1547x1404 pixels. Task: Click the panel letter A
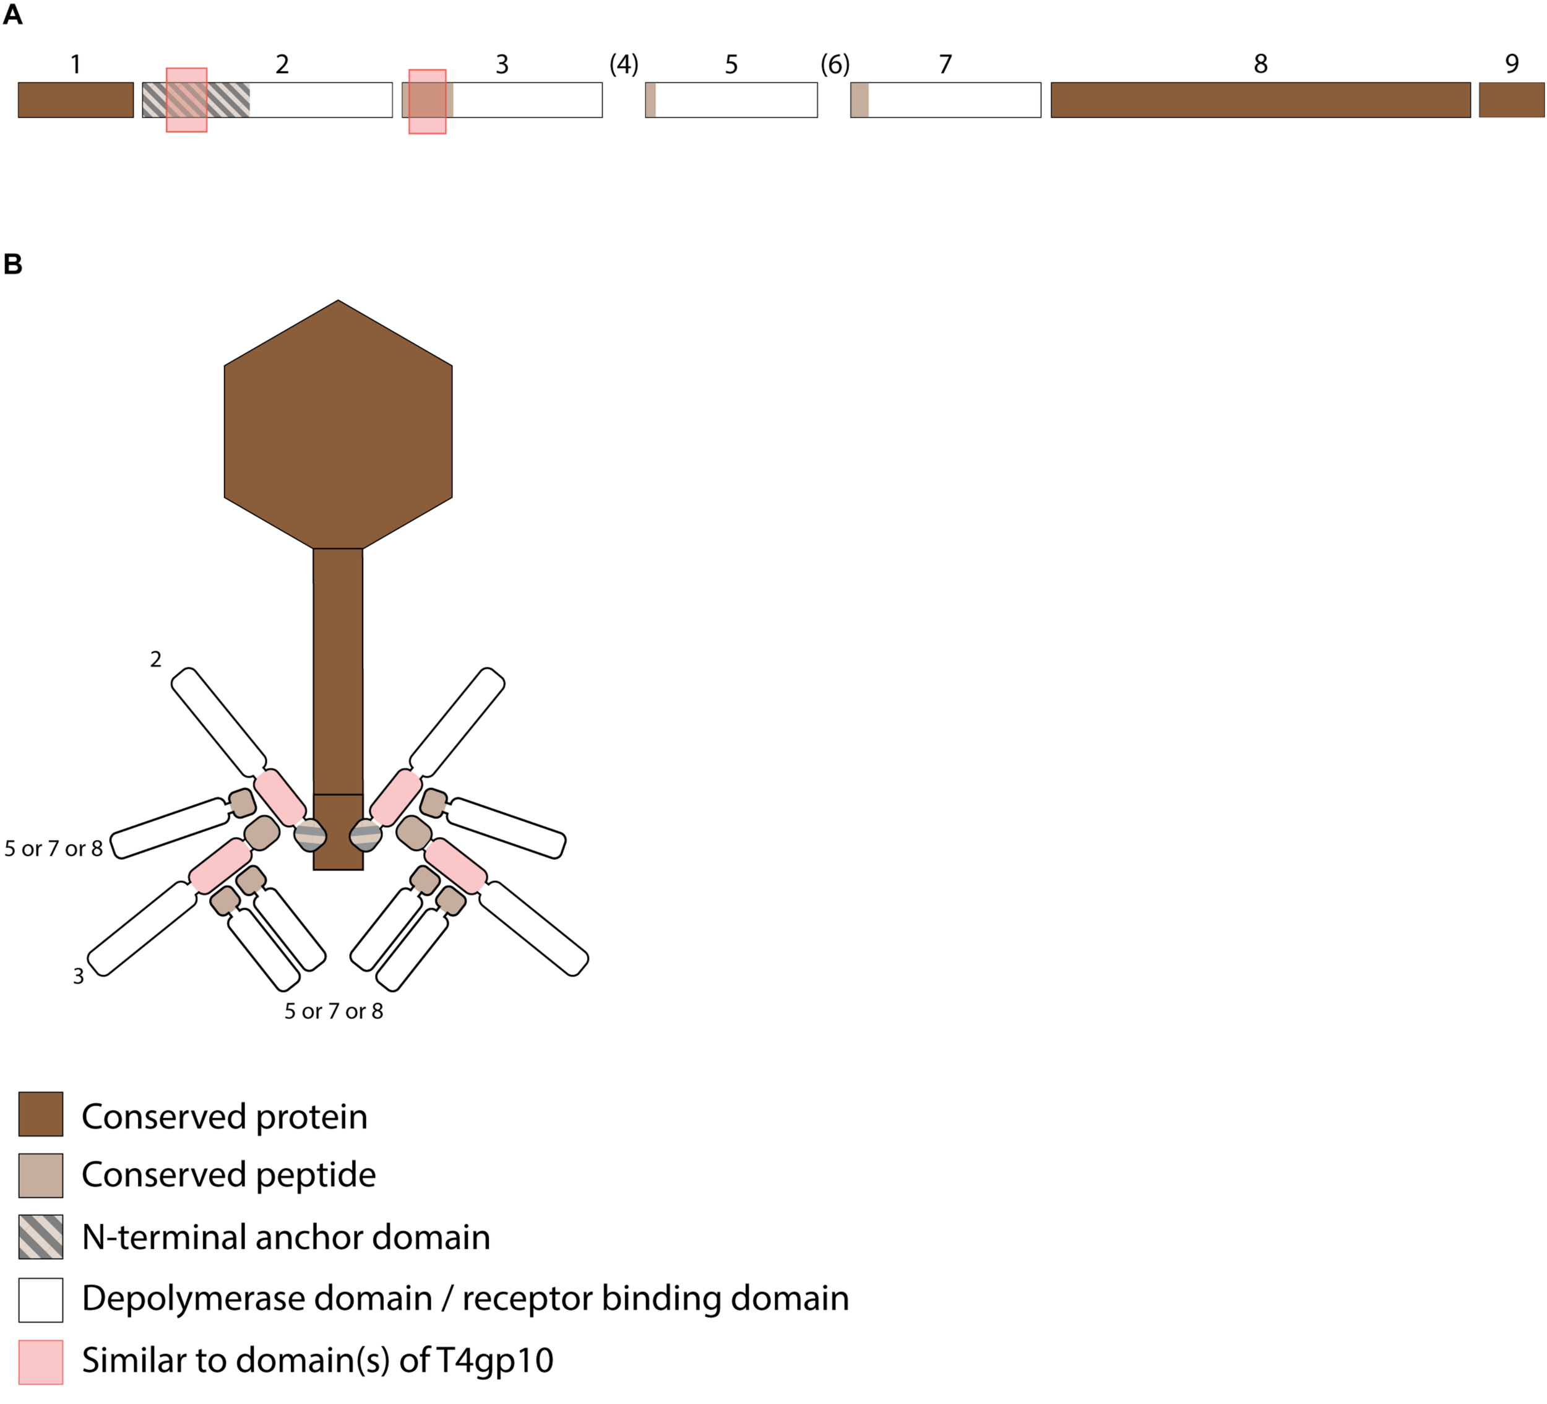(13, 15)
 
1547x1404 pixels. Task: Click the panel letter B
(13, 264)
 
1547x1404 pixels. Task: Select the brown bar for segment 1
(75, 100)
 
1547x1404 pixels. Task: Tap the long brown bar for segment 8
(1260, 100)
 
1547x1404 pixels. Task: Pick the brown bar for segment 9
(1511, 100)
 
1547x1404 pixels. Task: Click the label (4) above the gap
(623, 64)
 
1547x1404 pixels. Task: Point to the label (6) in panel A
(835, 64)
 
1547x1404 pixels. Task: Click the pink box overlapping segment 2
(186, 100)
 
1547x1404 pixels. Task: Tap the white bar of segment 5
(736, 100)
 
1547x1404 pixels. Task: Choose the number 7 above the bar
(946, 64)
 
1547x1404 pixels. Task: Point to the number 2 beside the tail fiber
(156, 659)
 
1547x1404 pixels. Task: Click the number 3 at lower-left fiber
(78, 976)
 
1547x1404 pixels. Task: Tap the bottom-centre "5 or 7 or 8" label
(334, 1012)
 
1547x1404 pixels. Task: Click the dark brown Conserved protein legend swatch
(41, 1114)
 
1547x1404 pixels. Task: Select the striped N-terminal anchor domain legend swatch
(41, 1237)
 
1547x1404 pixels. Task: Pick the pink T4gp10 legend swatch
(41, 1362)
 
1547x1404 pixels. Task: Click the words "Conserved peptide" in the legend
(229, 1175)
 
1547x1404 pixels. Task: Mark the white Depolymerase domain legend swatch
(41, 1299)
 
